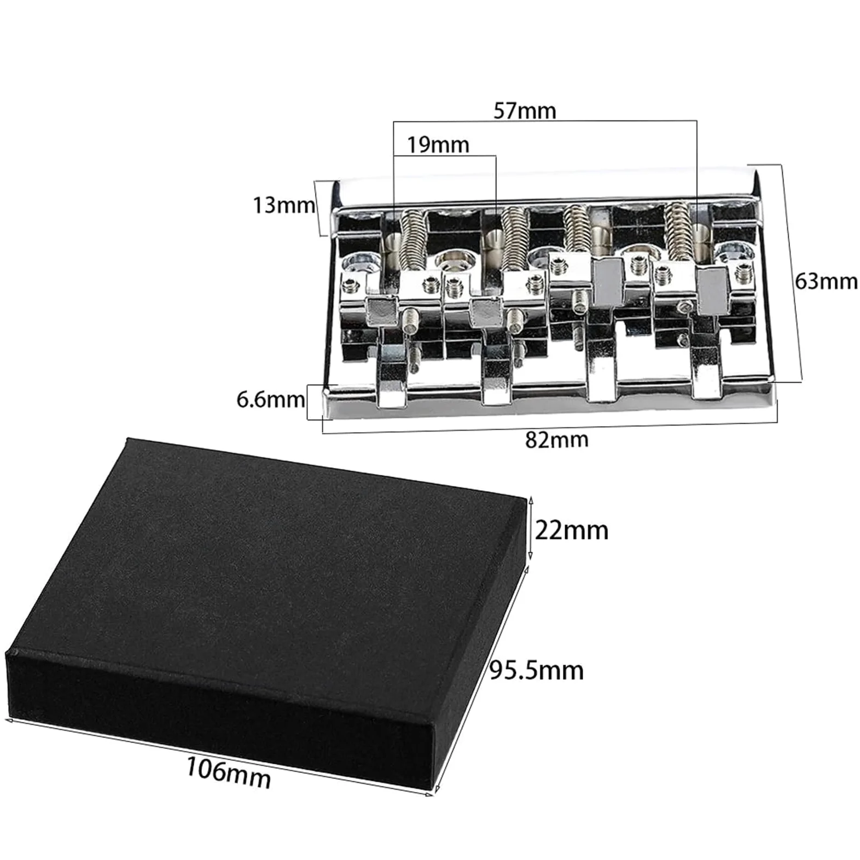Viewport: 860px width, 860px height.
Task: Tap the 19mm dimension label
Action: coord(438,145)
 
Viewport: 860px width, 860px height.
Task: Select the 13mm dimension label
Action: coord(283,205)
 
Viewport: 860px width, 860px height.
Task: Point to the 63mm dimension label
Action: coord(826,281)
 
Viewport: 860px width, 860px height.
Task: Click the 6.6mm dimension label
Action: coord(270,399)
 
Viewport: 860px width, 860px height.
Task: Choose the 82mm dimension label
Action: coord(557,439)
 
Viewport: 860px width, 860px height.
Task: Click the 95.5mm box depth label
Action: coord(536,670)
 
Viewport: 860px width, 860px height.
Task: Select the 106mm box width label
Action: coord(229,771)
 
